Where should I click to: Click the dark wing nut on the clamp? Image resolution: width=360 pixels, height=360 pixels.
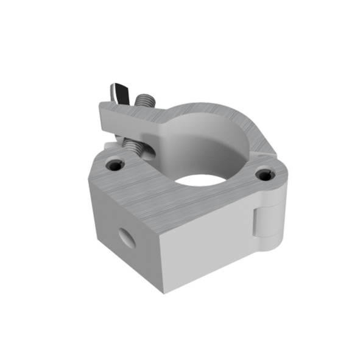pos(118,93)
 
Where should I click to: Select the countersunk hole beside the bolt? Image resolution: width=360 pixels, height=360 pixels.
pos(114,164)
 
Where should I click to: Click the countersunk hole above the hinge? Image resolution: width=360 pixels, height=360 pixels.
pos(265,175)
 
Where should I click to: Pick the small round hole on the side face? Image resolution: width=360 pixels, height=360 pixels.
pos(127,236)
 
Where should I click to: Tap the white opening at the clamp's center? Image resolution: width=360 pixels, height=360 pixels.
pos(200,181)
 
